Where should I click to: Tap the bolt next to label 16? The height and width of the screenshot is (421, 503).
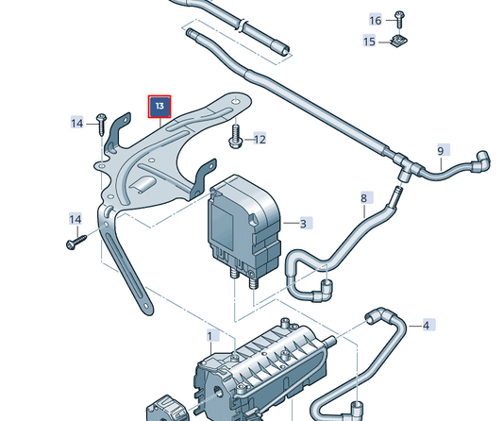coord(399,19)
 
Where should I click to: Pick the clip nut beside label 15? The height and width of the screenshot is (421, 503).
coord(398,42)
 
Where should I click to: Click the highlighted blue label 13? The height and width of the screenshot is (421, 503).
coord(159,107)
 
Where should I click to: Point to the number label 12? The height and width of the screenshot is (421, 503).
coord(259,140)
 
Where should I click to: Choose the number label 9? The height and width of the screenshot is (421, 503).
coord(440,151)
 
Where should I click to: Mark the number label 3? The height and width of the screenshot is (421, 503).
coord(304,224)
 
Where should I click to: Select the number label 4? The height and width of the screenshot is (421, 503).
coord(427,326)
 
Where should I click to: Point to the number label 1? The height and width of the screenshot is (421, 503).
coord(210,335)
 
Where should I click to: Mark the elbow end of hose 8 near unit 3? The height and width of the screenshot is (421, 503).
coord(325,285)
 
